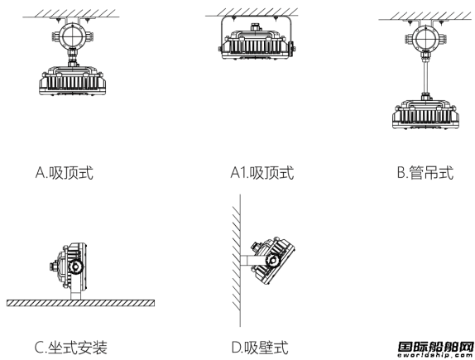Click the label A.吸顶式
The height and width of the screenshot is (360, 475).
[x=65, y=173]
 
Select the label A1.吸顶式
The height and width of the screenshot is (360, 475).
[x=262, y=173]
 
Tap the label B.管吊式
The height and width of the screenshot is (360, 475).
[x=425, y=173]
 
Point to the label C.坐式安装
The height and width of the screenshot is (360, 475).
[x=71, y=348]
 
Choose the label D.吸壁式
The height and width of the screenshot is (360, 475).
[x=260, y=348]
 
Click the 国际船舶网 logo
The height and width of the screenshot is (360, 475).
[x=435, y=349]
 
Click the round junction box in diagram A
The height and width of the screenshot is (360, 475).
[x=72, y=36]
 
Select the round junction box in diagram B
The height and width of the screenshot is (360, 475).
[x=425, y=39]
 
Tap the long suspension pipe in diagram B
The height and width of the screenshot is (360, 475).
[x=425, y=75]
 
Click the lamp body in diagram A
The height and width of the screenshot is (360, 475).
[x=72, y=80]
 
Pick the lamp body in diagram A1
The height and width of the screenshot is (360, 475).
[x=257, y=45]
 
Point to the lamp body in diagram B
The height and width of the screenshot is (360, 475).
[x=425, y=114]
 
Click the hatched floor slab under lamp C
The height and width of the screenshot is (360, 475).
[x=80, y=303]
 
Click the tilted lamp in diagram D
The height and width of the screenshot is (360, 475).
[x=272, y=261]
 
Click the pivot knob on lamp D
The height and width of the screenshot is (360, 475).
[x=272, y=260]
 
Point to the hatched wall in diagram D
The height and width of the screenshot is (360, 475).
[x=237, y=261]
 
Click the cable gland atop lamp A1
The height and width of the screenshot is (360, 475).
[x=256, y=27]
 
